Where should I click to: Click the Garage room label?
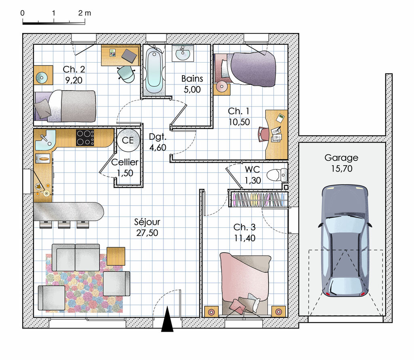[341, 158]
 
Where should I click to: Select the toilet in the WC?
[279, 175]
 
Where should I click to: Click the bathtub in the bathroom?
[154, 71]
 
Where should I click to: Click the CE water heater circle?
[128, 140]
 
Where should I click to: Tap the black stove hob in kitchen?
[85, 137]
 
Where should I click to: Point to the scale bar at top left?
[53, 23]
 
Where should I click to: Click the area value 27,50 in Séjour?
[147, 233]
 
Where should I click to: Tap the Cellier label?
[125, 162]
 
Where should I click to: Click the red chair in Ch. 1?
[263, 134]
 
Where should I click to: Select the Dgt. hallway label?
[157, 136]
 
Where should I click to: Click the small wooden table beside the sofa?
[116, 256]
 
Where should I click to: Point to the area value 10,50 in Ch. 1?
[239, 122]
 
